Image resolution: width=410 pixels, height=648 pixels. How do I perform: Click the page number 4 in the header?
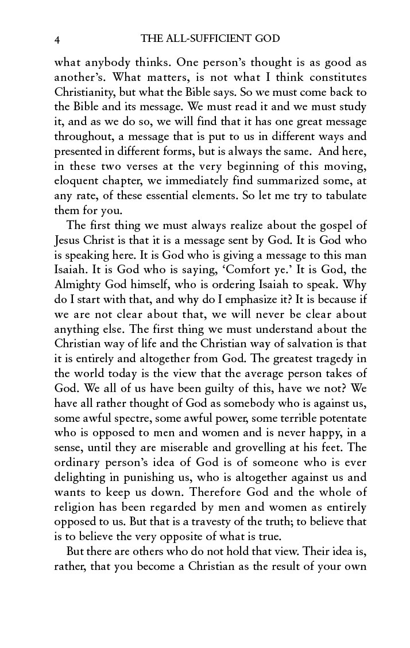57,40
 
